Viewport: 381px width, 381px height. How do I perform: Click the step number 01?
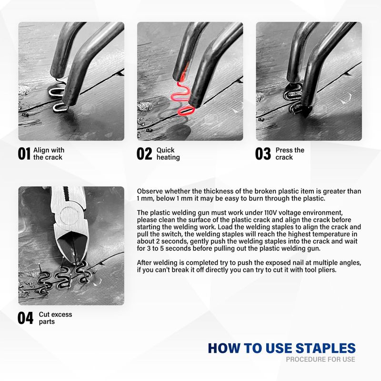tap(24, 153)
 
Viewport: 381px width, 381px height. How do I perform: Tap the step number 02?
tap(145, 153)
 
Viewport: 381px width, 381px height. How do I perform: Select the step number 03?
tap(263, 153)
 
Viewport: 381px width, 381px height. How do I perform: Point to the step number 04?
tap(25, 318)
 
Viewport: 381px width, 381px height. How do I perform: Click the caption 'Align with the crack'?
tap(49, 153)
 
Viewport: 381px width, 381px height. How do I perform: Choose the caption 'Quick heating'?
tap(168, 153)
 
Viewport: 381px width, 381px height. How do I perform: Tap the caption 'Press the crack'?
tap(290, 153)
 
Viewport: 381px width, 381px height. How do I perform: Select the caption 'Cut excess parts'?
tap(55, 318)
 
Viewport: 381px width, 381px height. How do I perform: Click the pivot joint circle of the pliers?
tap(70, 216)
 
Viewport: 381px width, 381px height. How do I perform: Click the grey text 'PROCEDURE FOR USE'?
tap(321, 359)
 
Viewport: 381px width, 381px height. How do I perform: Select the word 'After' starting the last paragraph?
tap(144, 263)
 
